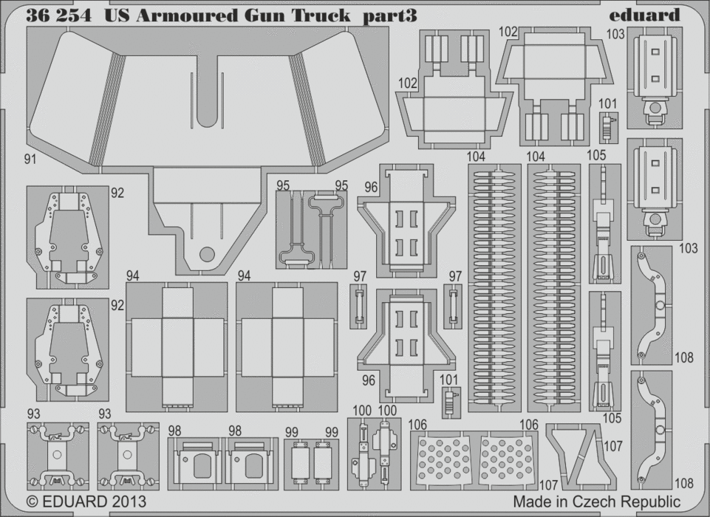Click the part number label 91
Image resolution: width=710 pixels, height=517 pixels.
click(x=30, y=160)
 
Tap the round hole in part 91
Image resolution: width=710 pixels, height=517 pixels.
click(x=208, y=255)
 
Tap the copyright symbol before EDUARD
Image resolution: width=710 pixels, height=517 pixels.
click(x=32, y=501)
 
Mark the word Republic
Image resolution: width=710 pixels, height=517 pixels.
click(x=651, y=501)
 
